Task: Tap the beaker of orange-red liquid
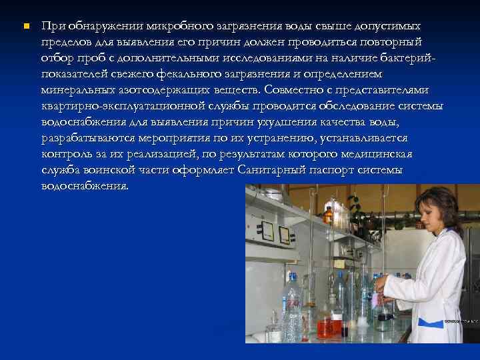pos(326,326)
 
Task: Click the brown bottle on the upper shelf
pos(327,215)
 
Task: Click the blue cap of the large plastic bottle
pos(291,276)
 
